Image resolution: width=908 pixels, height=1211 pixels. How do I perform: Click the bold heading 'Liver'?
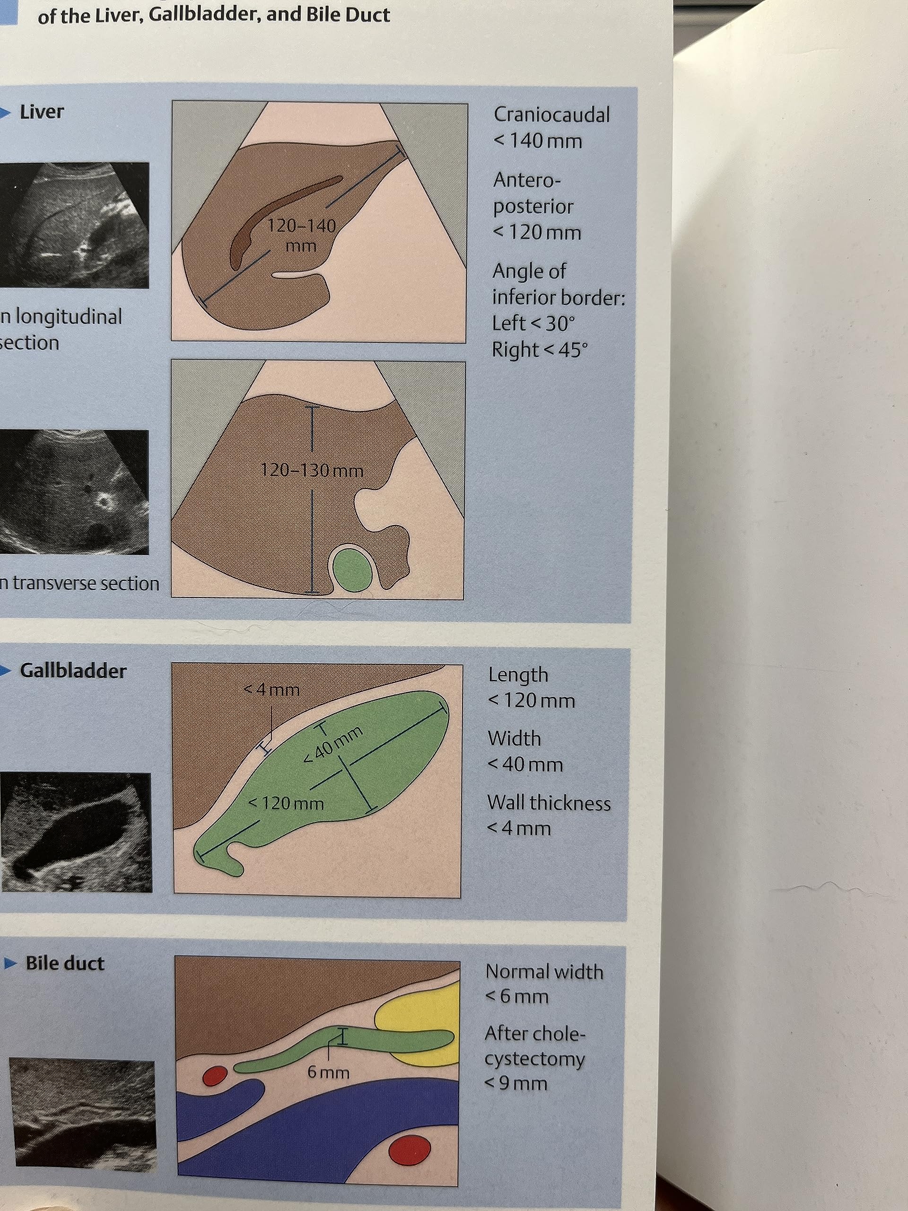click(x=42, y=112)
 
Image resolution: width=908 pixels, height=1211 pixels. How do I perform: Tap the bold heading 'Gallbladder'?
click(x=73, y=671)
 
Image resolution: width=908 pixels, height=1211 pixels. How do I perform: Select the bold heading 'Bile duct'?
click(x=65, y=964)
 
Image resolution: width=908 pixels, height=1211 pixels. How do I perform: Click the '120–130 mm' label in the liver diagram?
click(x=312, y=470)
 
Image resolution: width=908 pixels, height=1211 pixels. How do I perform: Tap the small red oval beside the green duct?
click(x=214, y=1076)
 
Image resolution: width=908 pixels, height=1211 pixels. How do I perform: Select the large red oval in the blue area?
click(x=410, y=1150)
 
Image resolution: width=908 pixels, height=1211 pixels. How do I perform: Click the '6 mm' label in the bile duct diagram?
click(x=328, y=1072)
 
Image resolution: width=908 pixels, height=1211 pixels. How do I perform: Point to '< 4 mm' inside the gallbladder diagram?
click(x=272, y=689)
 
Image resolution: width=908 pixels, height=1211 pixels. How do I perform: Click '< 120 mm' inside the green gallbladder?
click(x=286, y=804)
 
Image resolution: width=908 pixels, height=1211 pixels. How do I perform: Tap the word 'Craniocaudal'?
click(x=551, y=115)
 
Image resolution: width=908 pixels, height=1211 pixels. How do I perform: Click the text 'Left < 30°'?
click(x=533, y=324)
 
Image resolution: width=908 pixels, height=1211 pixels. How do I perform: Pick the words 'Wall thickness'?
click(x=549, y=803)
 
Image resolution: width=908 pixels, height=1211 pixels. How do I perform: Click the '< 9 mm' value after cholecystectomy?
click(x=516, y=1083)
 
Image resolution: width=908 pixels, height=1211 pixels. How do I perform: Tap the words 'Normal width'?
click(x=544, y=972)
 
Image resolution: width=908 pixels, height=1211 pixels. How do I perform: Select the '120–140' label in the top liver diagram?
click(x=301, y=226)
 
